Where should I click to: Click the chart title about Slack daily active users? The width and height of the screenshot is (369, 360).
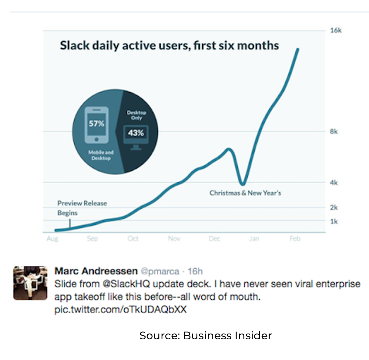[x=169, y=46]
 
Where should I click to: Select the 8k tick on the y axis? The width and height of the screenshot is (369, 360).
[x=334, y=132]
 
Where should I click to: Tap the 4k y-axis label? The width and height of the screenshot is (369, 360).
[x=334, y=182]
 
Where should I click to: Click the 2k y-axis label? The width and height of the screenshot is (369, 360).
[x=334, y=207]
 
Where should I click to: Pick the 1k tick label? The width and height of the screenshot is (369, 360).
[x=334, y=221]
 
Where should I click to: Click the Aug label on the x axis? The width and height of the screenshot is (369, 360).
[x=52, y=239]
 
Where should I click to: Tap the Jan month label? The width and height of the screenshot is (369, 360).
[x=254, y=239]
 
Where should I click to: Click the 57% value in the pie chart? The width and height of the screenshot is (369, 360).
[x=96, y=124]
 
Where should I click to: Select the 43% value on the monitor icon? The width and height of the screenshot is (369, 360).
[x=136, y=133]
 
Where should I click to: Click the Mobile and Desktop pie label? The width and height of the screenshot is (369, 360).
[x=101, y=155]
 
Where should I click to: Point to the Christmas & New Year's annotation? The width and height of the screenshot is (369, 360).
[x=245, y=193]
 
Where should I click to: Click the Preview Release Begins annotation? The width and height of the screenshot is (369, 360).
[x=82, y=208]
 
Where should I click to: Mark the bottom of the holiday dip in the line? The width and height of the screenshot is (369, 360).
[x=243, y=184]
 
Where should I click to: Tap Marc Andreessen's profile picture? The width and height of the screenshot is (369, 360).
[x=30, y=282]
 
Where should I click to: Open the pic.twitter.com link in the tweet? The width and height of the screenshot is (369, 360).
[x=120, y=309]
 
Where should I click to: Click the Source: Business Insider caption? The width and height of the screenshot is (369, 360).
[x=206, y=336]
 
